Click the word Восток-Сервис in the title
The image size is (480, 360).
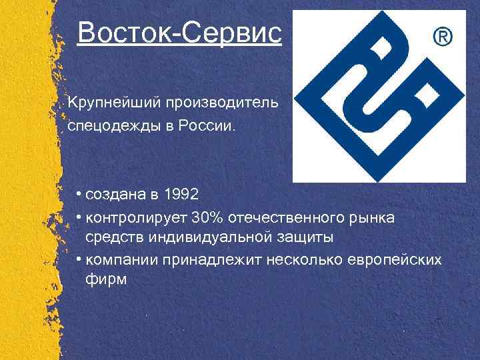179,32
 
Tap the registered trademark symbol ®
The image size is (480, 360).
443,37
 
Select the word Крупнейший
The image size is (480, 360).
111,105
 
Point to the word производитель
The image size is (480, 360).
225,105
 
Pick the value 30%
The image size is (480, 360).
206,217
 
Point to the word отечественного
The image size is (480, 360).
289,217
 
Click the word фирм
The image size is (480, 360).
106,279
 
